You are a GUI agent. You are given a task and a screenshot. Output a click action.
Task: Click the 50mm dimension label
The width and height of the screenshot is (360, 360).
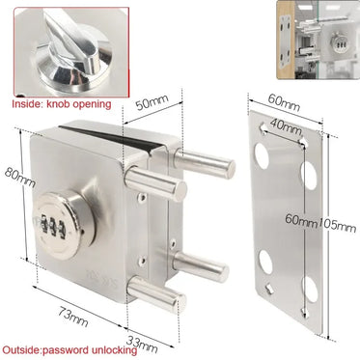tap(152, 102)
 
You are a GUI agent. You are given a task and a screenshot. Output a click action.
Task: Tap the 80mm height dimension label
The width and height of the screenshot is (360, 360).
tap(19, 178)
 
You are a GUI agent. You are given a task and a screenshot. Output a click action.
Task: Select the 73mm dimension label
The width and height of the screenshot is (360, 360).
tap(73, 317)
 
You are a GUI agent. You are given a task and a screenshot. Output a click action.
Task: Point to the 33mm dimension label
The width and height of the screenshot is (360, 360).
tap(142, 344)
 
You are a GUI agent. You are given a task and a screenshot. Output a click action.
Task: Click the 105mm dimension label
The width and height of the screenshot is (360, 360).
tap(337, 224)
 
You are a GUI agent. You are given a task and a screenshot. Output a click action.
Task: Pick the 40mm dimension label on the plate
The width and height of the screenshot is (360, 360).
tap(286, 126)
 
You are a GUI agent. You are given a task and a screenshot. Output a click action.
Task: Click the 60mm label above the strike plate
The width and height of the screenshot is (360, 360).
tap(284, 101)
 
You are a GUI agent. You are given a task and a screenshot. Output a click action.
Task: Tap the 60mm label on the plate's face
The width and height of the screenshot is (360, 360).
tap(301, 220)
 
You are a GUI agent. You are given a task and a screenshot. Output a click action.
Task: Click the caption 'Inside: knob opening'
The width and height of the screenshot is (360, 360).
tap(62, 104)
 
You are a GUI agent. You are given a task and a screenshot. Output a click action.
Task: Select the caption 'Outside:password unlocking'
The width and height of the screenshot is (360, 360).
tap(69, 349)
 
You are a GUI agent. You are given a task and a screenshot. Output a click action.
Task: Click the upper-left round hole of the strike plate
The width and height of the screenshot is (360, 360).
tap(262, 155)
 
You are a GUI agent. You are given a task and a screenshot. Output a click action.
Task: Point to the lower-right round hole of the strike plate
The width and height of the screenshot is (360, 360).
tap(311, 290)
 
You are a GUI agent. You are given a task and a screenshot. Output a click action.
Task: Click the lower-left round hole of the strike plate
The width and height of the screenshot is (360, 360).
tap(266, 263)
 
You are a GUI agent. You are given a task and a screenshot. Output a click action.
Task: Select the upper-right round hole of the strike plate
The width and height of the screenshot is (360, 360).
tap(310, 176)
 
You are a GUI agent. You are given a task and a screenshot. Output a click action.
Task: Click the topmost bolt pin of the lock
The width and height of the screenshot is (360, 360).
tap(205, 163)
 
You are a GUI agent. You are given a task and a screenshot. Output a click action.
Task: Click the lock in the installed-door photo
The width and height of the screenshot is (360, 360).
tap(339, 42)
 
